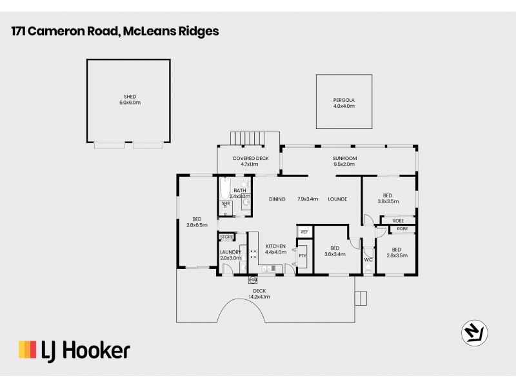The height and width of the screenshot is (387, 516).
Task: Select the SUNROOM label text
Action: (x=344, y=158)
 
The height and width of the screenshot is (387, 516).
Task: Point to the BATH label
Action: (x=239, y=190)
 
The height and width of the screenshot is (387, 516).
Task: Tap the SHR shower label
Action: (x=225, y=203)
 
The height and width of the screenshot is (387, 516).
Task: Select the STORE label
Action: (x=226, y=237)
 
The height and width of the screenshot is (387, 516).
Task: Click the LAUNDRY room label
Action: (x=230, y=252)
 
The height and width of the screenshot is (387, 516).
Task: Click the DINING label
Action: (x=277, y=199)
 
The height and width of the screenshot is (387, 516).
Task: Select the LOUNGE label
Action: (x=337, y=199)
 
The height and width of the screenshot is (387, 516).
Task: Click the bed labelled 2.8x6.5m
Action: (x=197, y=221)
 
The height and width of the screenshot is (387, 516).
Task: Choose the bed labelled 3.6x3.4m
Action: (x=334, y=250)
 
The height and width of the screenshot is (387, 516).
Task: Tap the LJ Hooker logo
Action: (x=74, y=350)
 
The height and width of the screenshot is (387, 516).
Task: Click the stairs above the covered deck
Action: (x=249, y=138)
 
